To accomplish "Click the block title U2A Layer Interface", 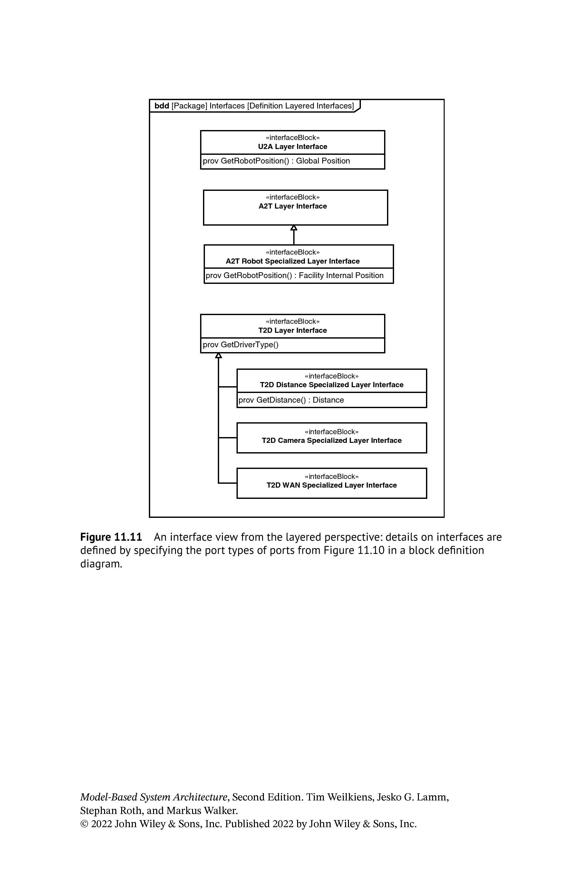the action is [x=293, y=147].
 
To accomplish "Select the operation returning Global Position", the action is [x=276, y=161].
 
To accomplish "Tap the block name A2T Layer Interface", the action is [x=293, y=206].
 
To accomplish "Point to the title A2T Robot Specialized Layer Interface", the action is [x=293, y=261].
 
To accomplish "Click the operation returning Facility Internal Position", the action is [x=295, y=276].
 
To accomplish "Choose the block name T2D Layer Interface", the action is [x=293, y=330].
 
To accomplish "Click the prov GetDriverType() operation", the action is [x=240, y=345].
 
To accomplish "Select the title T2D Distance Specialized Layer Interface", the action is [x=332, y=385].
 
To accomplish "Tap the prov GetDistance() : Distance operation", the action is [x=291, y=400].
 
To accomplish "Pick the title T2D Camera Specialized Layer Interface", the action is [x=332, y=440].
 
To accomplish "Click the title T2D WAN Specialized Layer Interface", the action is [x=332, y=485].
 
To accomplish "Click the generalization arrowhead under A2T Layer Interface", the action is [x=294, y=228].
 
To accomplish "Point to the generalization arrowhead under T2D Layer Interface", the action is [x=218, y=355].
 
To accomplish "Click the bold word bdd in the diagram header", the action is [x=162, y=106].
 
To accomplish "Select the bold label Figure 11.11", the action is [x=111, y=537].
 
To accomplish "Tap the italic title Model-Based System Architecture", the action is [x=153, y=797].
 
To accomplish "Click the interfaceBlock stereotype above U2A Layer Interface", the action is [x=293, y=138].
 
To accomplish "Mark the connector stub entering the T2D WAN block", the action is [x=227, y=483].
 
